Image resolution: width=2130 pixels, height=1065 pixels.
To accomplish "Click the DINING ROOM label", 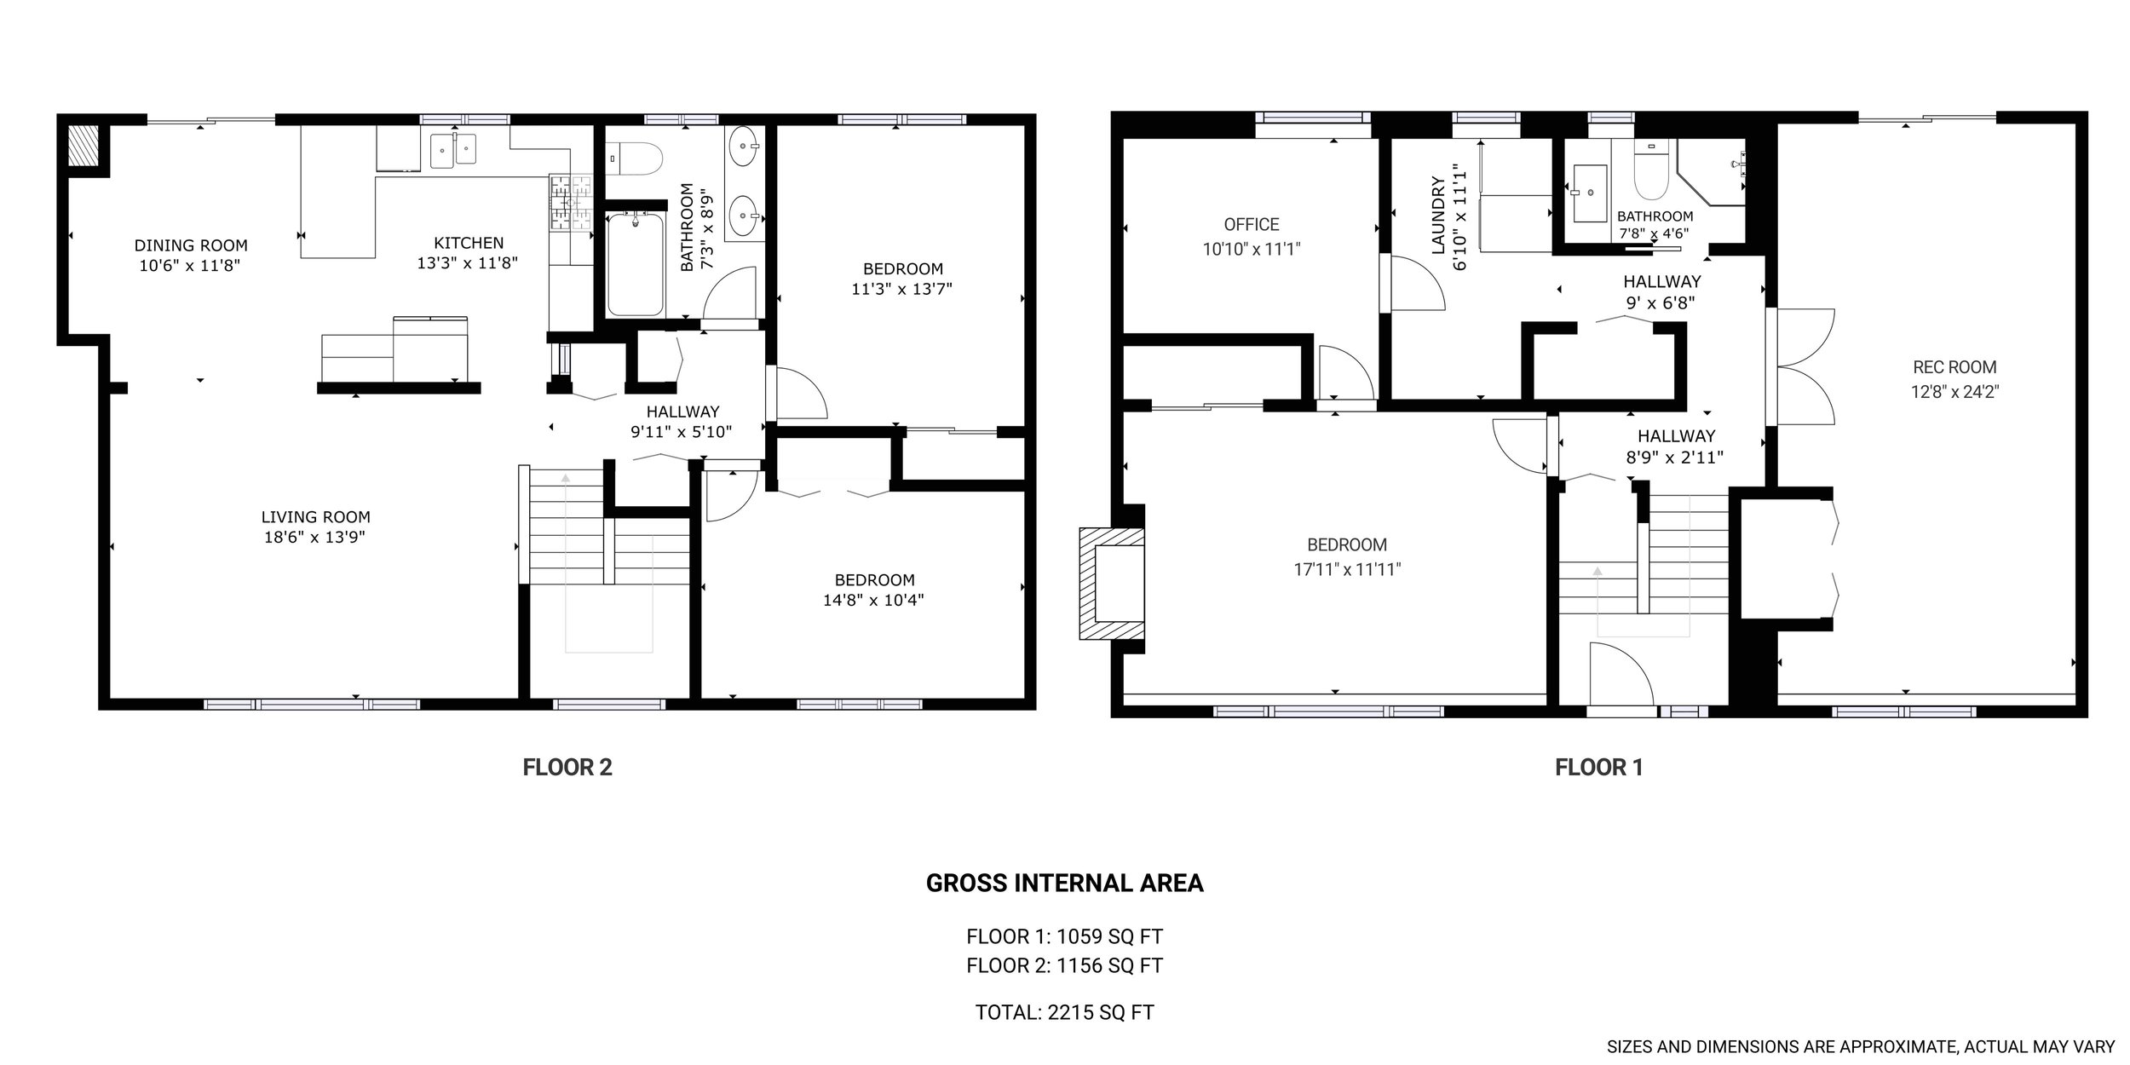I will pos(191,245).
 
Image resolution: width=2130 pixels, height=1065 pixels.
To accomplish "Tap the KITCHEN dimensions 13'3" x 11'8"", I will pos(468,264).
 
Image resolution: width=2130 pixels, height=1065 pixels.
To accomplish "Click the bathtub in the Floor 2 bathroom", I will pos(636,263).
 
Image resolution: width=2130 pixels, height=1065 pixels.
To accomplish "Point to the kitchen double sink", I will pos(455,150).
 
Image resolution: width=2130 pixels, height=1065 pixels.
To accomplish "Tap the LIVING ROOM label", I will pos(315,516).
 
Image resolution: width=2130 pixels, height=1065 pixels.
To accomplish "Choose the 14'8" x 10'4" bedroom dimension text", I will pos(873,600).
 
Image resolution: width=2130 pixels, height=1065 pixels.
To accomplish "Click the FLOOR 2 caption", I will pos(567,768).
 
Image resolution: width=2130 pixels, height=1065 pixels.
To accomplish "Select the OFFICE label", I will pos(1252,224).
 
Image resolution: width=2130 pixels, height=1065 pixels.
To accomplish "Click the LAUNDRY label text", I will pos(1439,216).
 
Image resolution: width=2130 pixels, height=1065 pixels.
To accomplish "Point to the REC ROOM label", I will pos(1954,367).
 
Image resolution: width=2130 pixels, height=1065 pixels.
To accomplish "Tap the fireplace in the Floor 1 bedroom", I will pos(1113,584).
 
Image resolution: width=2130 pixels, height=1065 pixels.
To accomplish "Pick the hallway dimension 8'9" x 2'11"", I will pos(1675,457).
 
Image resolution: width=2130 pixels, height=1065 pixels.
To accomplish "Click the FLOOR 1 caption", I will pos(1598,768).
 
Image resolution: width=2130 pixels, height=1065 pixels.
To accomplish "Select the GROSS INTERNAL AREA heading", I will pos(1064,884).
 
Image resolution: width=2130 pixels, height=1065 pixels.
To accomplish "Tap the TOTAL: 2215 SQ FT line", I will pos(1064,1012).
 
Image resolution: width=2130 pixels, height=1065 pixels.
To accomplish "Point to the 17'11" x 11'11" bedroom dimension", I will pos(1347,569).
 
